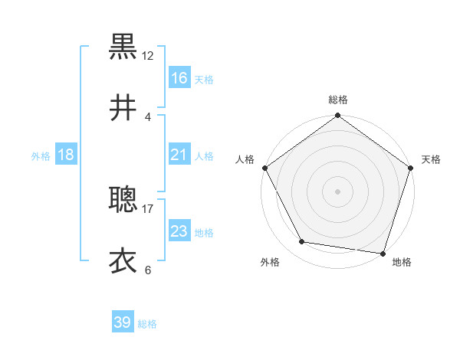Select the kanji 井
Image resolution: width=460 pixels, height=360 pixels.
(x=123, y=108)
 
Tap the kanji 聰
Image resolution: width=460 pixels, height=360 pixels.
(x=123, y=200)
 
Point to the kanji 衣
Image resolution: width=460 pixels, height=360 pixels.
(x=123, y=261)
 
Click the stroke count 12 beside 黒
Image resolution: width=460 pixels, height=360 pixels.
(x=148, y=56)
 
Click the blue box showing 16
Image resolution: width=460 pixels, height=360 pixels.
(x=179, y=78)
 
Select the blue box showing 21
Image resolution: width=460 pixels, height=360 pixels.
(x=179, y=155)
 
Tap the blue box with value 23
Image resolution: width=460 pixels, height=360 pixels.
(x=179, y=231)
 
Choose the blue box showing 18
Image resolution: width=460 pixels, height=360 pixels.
(x=66, y=155)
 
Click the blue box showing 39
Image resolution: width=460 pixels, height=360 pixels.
(x=123, y=322)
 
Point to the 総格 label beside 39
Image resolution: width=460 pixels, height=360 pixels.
(x=148, y=324)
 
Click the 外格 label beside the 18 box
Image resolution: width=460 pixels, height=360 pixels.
(x=41, y=156)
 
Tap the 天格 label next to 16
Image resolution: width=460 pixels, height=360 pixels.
(x=204, y=80)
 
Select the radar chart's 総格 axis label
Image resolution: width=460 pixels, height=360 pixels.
(x=337, y=100)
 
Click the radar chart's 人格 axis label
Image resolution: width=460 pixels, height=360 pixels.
(x=245, y=159)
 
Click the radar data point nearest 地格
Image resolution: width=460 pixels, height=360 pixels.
(x=383, y=253)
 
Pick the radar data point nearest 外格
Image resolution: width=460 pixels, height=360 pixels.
(x=302, y=242)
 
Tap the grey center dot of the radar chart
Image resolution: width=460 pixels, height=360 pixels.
(x=337, y=191)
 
